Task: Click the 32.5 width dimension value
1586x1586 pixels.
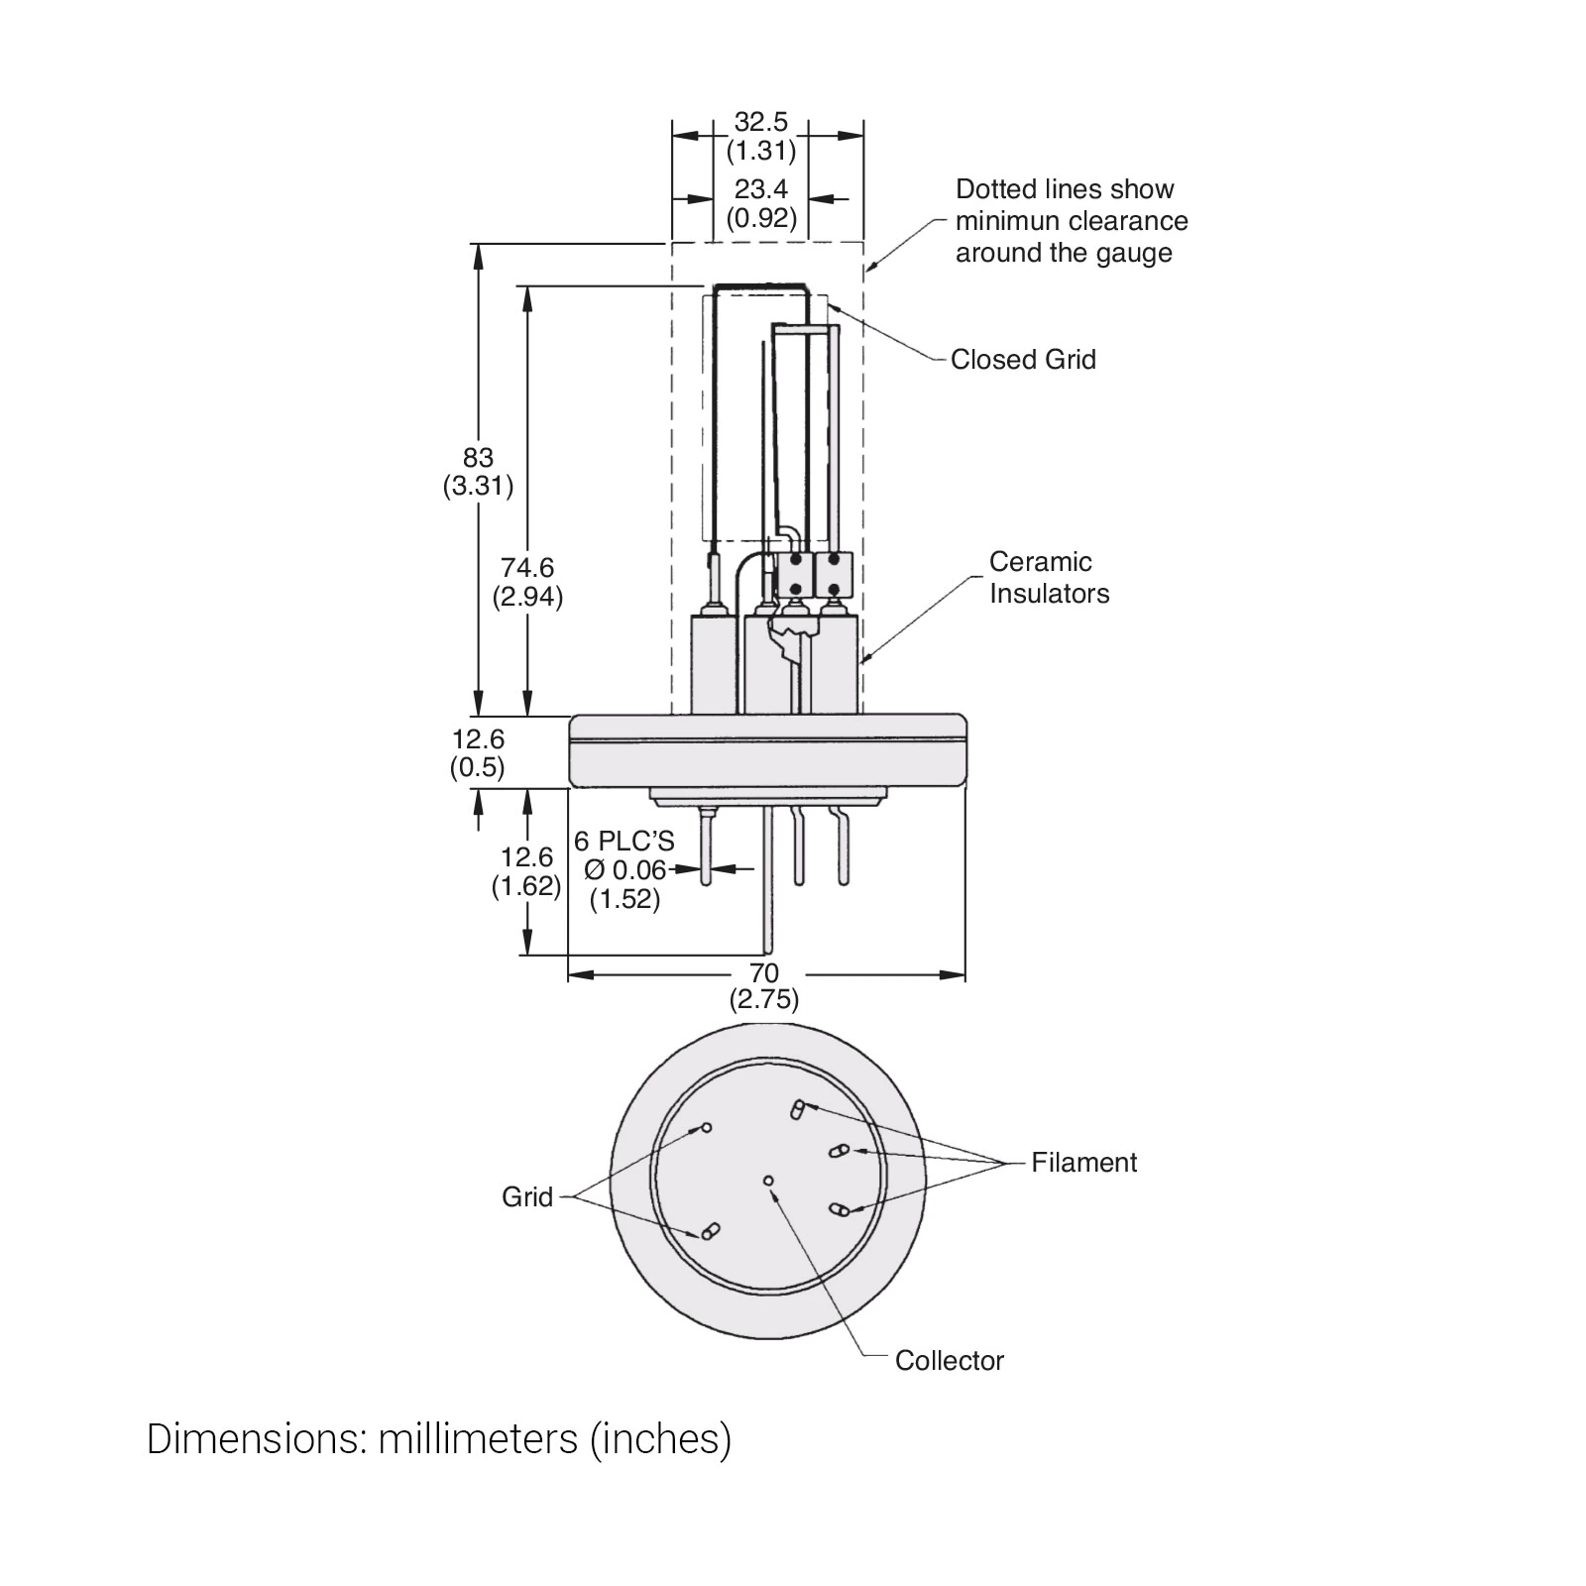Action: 760,122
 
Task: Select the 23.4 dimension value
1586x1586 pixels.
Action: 760,188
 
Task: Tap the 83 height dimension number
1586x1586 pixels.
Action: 478,457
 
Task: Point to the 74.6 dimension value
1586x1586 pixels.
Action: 526,568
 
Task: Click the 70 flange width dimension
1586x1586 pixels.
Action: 763,973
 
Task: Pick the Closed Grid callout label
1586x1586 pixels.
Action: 1023,360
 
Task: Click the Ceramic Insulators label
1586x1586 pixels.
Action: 1049,578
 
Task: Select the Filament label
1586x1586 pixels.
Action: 1083,1163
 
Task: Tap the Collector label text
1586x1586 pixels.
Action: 949,1361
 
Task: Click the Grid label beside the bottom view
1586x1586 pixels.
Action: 526,1197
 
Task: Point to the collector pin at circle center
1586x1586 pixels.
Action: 768,1180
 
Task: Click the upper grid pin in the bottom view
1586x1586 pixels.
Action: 707,1128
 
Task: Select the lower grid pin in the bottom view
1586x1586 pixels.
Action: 709,1232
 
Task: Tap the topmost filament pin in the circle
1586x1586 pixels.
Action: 798,1108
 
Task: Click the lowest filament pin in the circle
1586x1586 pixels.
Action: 839,1209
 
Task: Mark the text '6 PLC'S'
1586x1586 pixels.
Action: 624,842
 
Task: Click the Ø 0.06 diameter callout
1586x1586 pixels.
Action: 624,870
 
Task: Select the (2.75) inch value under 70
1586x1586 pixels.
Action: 763,999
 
